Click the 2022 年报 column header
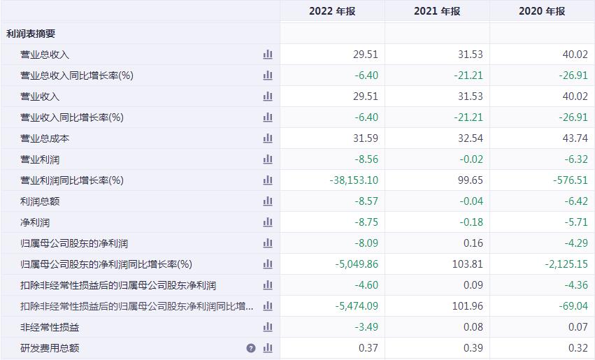332,11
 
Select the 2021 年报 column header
437,11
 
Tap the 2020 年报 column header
541,11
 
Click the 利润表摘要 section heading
31,34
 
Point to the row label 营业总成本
45,138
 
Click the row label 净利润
35,222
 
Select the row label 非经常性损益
50,327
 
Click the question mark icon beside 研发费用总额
251,348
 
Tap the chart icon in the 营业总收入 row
268,55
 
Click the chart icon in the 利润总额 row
268,201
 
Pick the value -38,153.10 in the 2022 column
354,180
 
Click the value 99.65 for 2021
470,180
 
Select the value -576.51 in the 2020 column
571,180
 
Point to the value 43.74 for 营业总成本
575,138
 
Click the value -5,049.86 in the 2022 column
357,264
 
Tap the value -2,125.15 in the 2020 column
566,264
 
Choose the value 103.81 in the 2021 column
468,264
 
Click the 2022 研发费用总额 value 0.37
368,348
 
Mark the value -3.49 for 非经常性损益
366,327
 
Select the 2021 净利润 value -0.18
471,222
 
